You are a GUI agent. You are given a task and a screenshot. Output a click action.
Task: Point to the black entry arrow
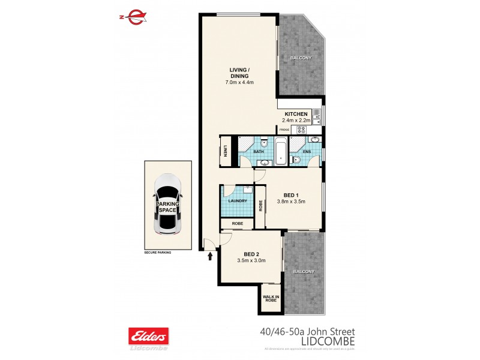[210, 257]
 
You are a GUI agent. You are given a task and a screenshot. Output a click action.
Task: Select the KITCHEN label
[296, 114]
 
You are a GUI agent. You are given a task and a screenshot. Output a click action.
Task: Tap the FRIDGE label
[284, 130]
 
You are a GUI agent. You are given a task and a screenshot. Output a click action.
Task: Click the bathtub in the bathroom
[281, 152]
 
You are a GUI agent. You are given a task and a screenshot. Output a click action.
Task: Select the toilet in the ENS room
[295, 160]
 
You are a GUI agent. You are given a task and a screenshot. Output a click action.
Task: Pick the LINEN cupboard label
[226, 152]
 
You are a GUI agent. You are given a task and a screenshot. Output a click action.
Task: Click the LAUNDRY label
[238, 202]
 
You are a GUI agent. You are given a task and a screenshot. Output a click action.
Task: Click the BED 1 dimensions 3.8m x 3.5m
[291, 201]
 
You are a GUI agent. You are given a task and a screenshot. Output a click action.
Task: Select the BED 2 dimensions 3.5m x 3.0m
[251, 260]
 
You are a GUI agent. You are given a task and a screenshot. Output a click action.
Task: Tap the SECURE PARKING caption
[157, 253]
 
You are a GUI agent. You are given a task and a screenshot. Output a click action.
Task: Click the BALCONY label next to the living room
[301, 58]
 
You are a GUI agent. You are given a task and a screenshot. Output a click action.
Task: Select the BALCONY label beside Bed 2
[304, 272]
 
